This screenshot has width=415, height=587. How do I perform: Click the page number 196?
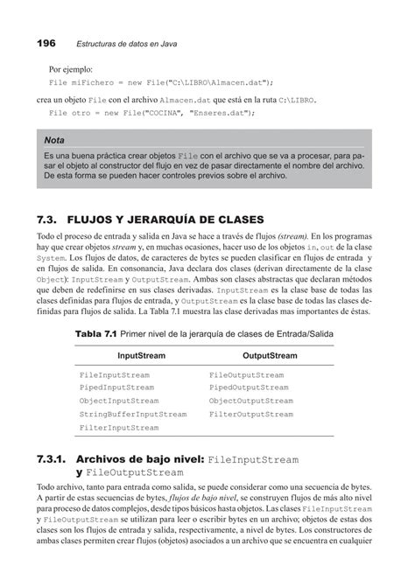(46, 42)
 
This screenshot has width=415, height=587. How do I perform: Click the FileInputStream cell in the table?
(114, 374)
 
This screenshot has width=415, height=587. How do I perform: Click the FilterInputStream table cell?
(118, 428)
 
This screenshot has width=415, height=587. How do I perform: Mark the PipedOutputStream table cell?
(247, 388)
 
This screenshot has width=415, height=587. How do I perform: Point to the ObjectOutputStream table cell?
(250, 401)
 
